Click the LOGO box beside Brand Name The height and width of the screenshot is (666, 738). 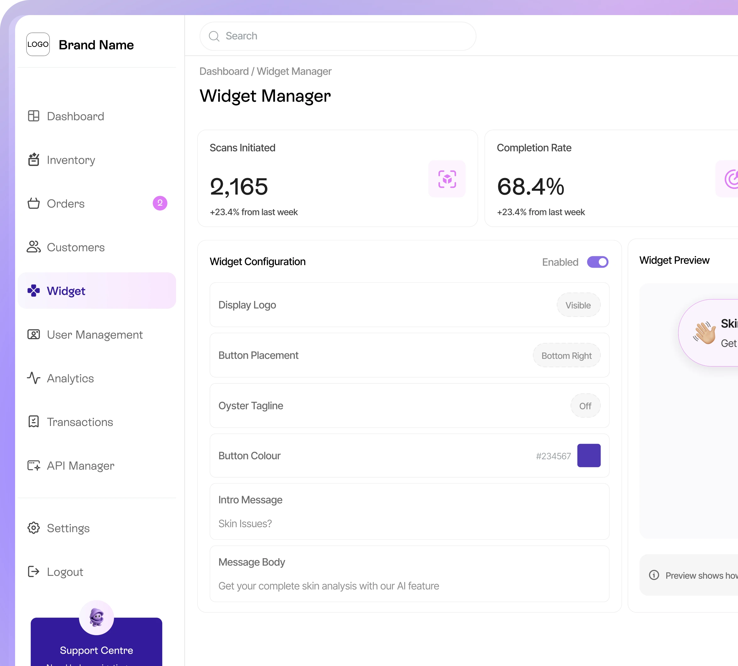pos(38,44)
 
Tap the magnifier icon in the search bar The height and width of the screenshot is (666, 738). pos(214,36)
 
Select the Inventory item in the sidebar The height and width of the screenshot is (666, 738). pos(71,160)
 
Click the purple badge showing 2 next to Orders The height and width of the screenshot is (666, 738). pos(160,203)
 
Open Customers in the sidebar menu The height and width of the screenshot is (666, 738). pos(75,247)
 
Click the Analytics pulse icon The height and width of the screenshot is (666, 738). pos(34,378)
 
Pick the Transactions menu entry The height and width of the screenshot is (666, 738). pos(80,422)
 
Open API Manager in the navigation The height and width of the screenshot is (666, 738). pos(80,466)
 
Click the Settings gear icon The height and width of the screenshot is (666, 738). pos(34,528)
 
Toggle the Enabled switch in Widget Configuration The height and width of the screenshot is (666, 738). pos(598,262)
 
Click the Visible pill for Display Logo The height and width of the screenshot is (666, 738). pos(578,305)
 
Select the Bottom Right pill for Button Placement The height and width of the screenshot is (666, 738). pos(566,356)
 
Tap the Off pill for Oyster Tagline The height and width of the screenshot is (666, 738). pos(585,406)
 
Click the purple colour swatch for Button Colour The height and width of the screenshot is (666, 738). pos(589,456)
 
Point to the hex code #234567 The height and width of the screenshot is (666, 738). pos(553,456)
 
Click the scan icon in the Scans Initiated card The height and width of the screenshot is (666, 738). pos(447,179)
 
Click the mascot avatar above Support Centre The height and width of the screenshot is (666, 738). pos(96,618)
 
